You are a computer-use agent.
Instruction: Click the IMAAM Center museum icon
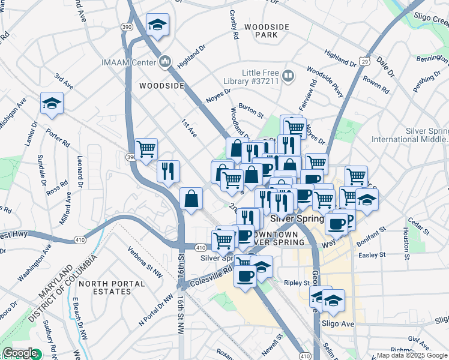(166, 61)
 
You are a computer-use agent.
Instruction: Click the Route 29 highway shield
(364, 61)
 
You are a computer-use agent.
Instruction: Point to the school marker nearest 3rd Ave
(52, 104)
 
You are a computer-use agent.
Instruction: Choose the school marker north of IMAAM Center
(158, 25)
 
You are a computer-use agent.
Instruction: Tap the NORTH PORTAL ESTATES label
(105, 287)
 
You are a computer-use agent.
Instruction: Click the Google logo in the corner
(20, 353)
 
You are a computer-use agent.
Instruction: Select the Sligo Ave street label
(339, 323)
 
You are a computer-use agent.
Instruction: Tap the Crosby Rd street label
(234, 25)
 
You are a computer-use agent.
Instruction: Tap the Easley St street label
(370, 255)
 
